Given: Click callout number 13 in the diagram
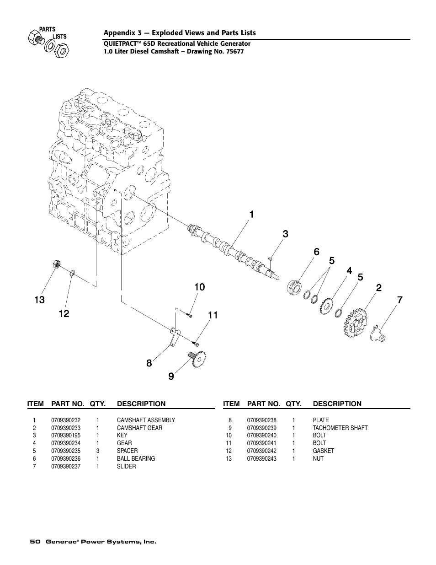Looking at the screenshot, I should (39, 300).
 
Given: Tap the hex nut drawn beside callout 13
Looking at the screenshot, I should (55, 264).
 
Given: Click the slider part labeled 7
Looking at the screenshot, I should (378, 335).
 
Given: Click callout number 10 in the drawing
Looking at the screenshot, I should (199, 287).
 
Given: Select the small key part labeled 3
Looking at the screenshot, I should (271, 259).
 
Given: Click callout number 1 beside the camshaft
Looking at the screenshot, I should (251, 215).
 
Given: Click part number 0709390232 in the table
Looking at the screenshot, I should (66, 420).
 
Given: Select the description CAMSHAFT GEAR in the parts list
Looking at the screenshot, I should (139, 428).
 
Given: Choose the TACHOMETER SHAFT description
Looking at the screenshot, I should (340, 428).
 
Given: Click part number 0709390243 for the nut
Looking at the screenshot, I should (261, 458).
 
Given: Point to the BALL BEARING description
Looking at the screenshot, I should (136, 458).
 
